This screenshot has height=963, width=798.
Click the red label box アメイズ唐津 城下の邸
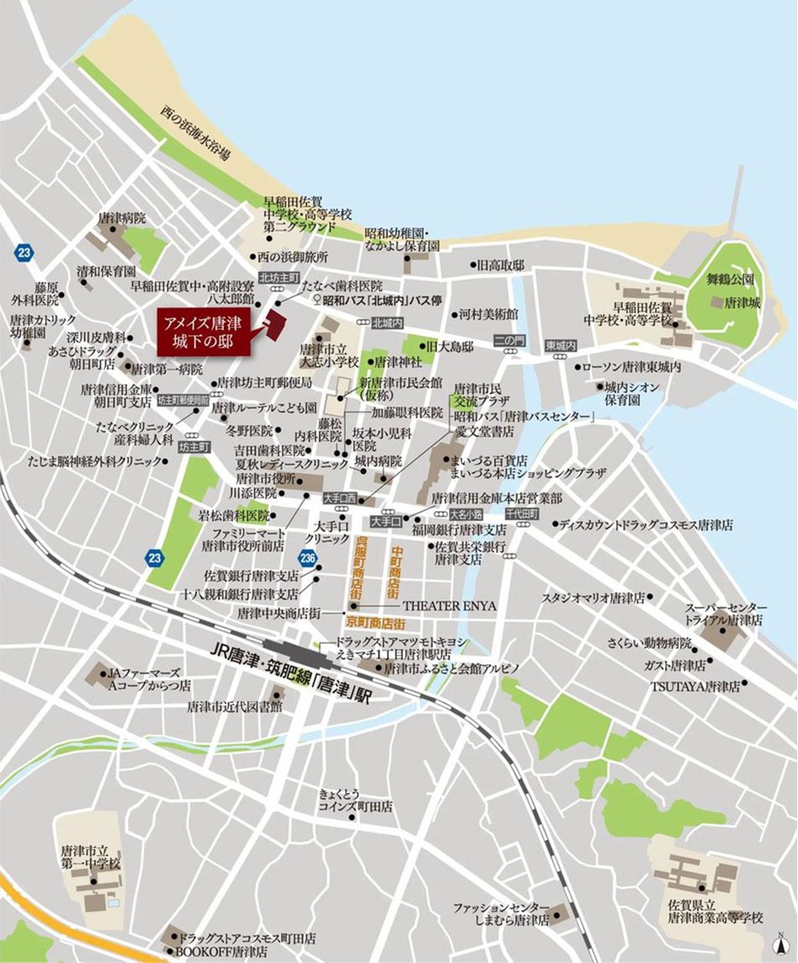(x=205, y=331)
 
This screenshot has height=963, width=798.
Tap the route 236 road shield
(x=309, y=558)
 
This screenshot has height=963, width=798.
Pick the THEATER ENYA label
(x=450, y=605)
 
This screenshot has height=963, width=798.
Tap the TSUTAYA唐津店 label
(x=694, y=686)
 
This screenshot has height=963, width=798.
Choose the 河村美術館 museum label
(x=488, y=314)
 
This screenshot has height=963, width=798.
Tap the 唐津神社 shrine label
(x=405, y=362)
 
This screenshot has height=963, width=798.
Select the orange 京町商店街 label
(x=376, y=624)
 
